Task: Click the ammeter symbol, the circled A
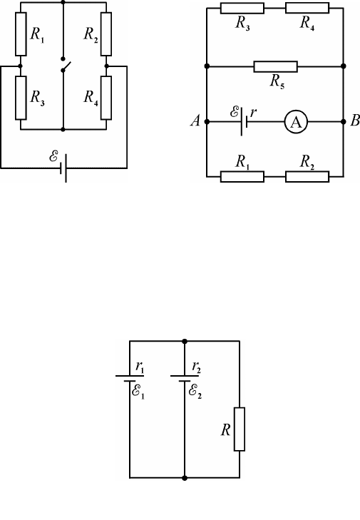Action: pos(296,122)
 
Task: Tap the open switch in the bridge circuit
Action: pos(66,65)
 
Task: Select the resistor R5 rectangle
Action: pos(275,66)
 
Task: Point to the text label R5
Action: pos(277,81)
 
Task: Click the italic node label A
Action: pos(195,121)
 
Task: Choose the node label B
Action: pos(355,121)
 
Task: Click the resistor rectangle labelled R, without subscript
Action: pos(240,429)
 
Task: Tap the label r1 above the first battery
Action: pos(140,367)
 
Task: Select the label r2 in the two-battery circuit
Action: pos(197,367)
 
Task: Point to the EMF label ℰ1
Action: pos(138,392)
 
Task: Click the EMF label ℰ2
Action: pos(195,392)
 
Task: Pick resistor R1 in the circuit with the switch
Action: pos(21,34)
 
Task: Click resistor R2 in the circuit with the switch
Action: pos(106,34)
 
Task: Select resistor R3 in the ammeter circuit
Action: pos(242,8)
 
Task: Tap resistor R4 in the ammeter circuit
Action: pos(307,8)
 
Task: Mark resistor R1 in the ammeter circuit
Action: pos(242,177)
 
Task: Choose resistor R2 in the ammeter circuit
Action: pos(307,177)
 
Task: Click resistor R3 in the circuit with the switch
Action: pos(21,98)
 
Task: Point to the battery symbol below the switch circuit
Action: pos(63,168)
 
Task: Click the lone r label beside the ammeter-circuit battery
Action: pos(253,113)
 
